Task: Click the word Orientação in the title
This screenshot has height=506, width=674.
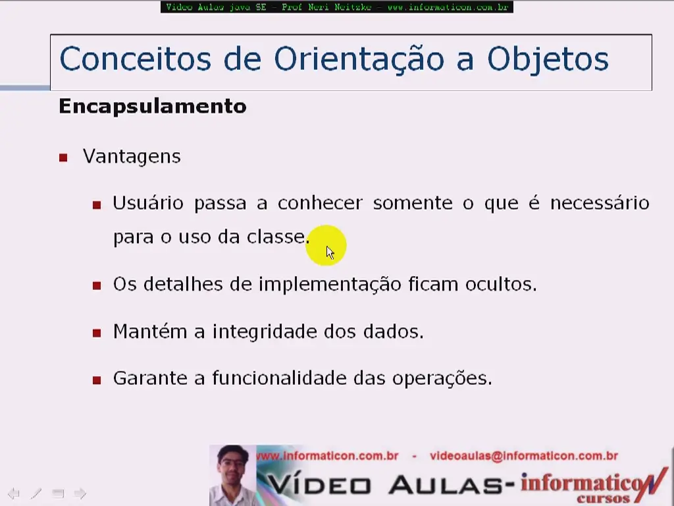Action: [x=359, y=59]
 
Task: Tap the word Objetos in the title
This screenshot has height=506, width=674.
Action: [x=548, y=59]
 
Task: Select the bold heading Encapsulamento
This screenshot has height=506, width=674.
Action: [x=153, y=106]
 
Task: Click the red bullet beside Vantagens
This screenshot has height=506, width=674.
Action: [x=63, y=158]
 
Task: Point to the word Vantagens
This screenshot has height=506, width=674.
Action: [x=132, y=157]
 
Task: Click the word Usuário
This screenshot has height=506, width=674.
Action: [x=148, y=203]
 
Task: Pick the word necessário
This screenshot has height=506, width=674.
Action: [x=600, y=203]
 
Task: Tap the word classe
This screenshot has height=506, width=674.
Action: [x=276, y=237]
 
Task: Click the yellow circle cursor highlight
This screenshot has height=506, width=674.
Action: [x=326, y=245]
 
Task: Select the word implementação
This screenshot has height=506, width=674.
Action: [x=330, y=285]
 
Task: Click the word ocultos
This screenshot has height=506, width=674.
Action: [x=501, y=285]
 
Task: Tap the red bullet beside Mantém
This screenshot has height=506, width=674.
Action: [x=97, y=333]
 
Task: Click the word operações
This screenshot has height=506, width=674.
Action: [x=442, y=379]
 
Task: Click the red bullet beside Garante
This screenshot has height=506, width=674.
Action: [x=97, y=380]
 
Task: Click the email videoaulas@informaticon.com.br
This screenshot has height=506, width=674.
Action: [x=523, y=456]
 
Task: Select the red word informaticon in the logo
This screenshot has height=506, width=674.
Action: [x=587, y=484]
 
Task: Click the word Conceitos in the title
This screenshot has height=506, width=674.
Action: [x=136, y=59]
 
